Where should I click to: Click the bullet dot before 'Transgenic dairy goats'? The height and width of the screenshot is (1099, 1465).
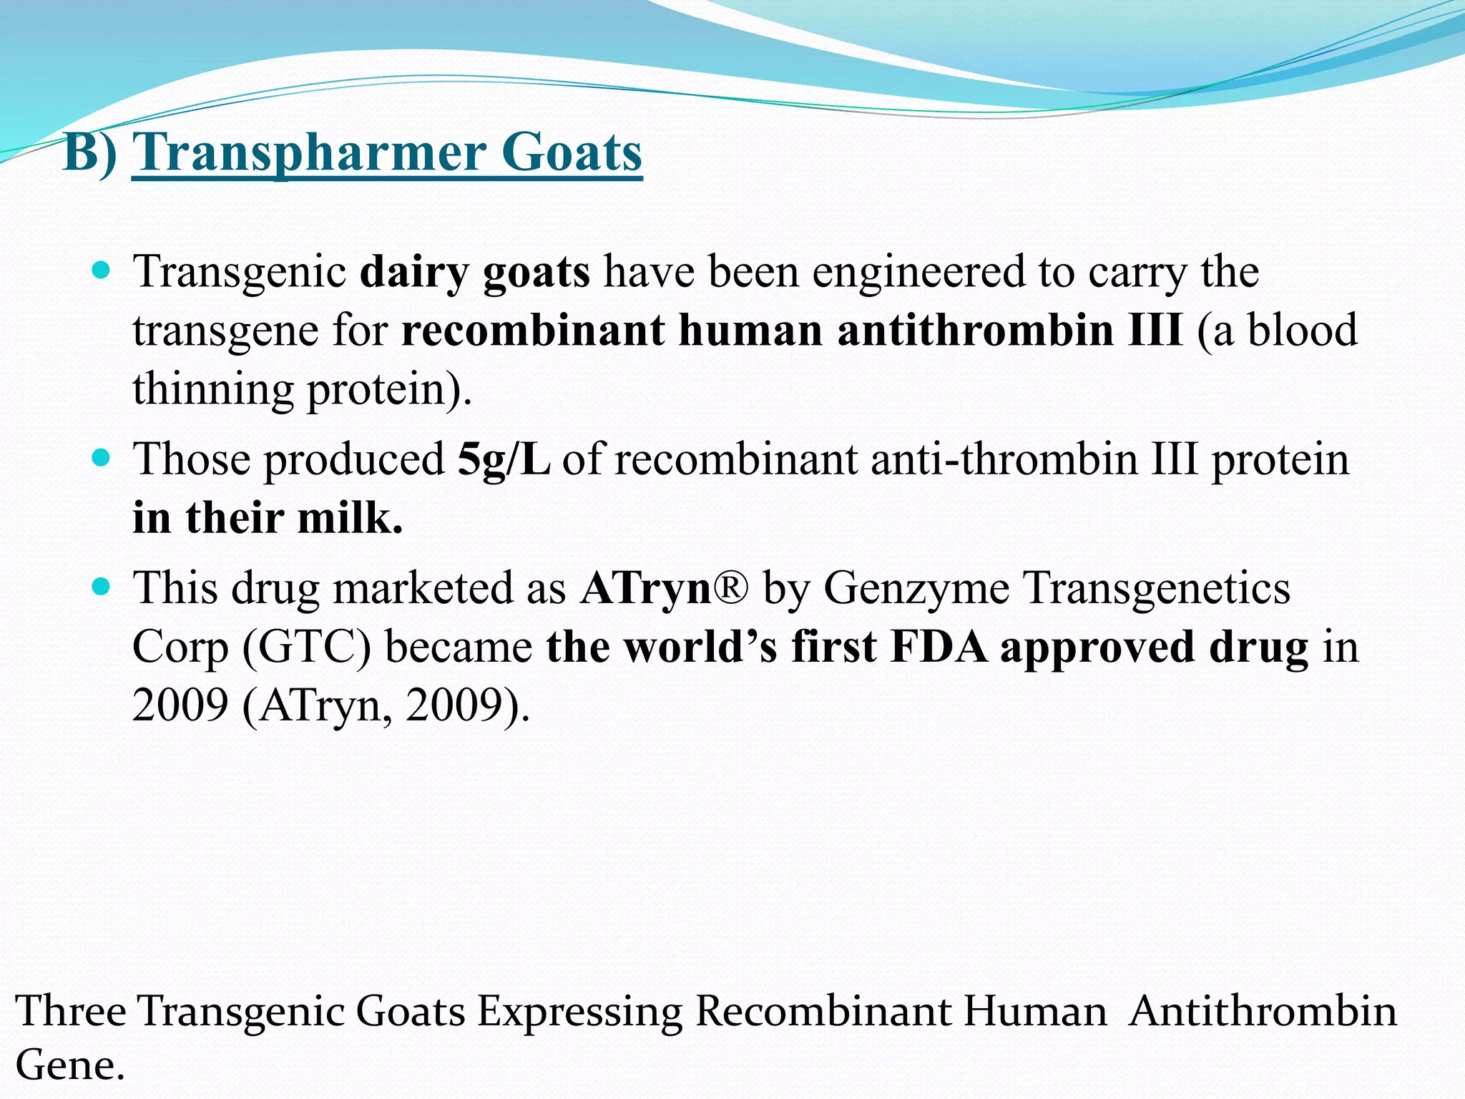point(102,271)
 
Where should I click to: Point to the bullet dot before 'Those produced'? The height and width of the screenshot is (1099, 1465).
point(102,458)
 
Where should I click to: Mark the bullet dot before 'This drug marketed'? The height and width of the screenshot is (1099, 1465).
point(102,587)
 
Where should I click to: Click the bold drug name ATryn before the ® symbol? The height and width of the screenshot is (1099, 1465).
point(645,589)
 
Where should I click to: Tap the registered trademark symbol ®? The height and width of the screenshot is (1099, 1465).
point(730,588)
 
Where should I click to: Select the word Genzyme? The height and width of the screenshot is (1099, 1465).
point(916,589)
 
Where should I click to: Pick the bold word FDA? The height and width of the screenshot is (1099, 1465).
point(939,647)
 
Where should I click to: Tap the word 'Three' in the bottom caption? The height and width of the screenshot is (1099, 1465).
point(70,1011)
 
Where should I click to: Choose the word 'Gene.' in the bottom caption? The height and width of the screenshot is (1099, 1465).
point(70,1065)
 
